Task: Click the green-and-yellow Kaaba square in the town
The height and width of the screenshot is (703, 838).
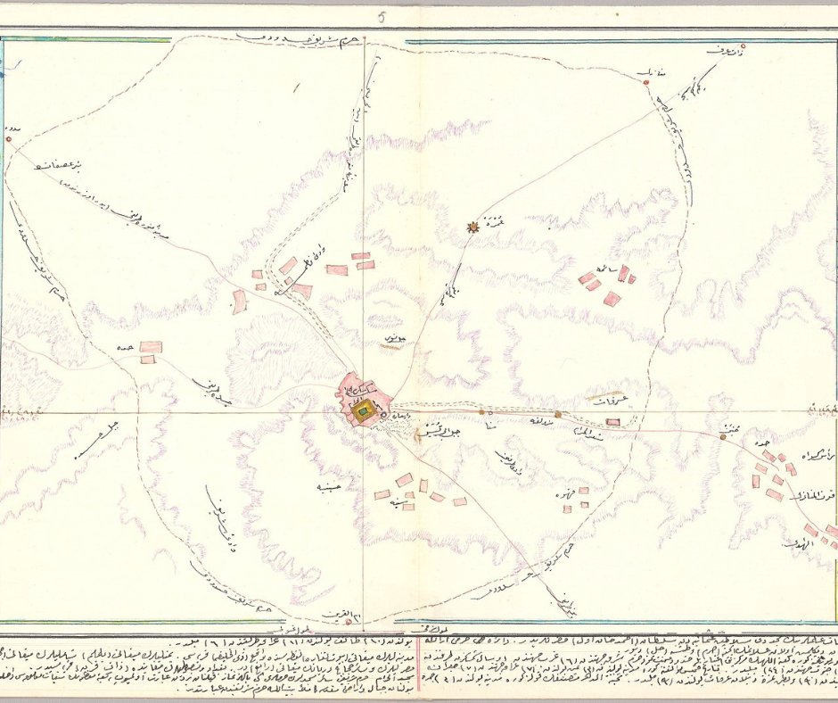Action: (364, 412)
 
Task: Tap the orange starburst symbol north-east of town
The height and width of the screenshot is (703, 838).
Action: (472, 227)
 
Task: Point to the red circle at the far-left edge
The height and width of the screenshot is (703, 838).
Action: (8, 138)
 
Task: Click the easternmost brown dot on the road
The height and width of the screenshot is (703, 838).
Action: (723, 438)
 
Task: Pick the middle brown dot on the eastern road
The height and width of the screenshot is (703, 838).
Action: (558, 414)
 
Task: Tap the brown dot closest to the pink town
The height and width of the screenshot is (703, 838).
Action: (482, 412)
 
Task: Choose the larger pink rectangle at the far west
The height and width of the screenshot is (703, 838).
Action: (151, 346)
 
